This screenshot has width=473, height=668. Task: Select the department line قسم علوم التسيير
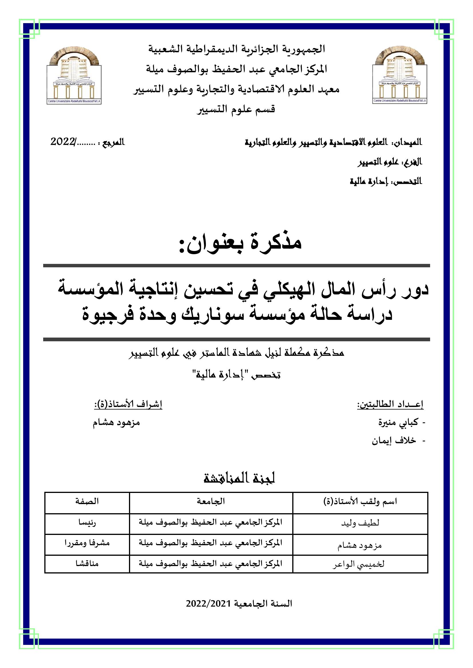[x=236, y=110]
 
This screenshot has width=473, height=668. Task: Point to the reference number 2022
[x=63, y=142]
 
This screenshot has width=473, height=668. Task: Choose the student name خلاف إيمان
[x=394, y=441]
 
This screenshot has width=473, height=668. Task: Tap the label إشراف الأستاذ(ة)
[x=128, y=404]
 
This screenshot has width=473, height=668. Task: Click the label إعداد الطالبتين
[x=390, y=404]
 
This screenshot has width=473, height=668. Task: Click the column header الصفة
[x=87, y=501]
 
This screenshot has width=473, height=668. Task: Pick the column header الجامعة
[x=211, y=501]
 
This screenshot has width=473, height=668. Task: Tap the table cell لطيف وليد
[x=360, y=523]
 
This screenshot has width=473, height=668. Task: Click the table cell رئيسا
[x=87, y=523]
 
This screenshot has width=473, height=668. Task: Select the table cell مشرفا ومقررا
[x=87, y=543]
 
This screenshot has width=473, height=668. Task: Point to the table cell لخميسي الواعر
[x=359, y=564]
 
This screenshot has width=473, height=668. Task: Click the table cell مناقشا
[x=87, y=564]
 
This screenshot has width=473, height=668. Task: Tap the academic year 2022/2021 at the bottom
[x=239, y=604]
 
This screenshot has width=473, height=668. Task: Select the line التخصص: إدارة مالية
[x=385, y=182]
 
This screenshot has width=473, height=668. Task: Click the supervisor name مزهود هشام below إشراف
[x=116, y=422]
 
